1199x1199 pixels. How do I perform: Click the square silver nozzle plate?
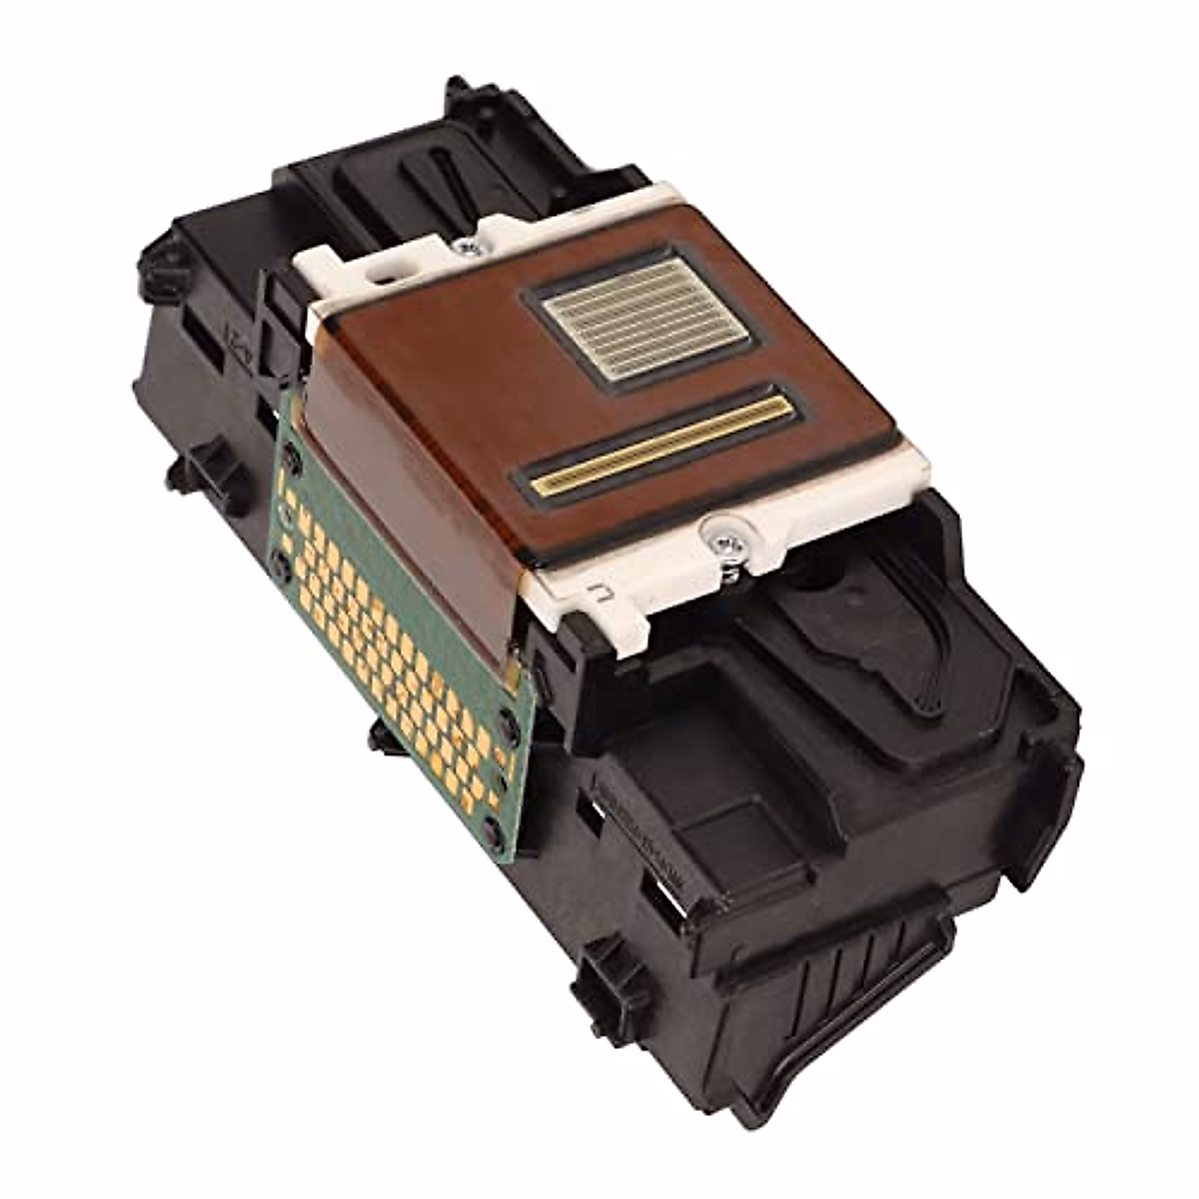click(x=643, y=317)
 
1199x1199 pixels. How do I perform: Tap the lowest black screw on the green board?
click(x=492, y=827)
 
